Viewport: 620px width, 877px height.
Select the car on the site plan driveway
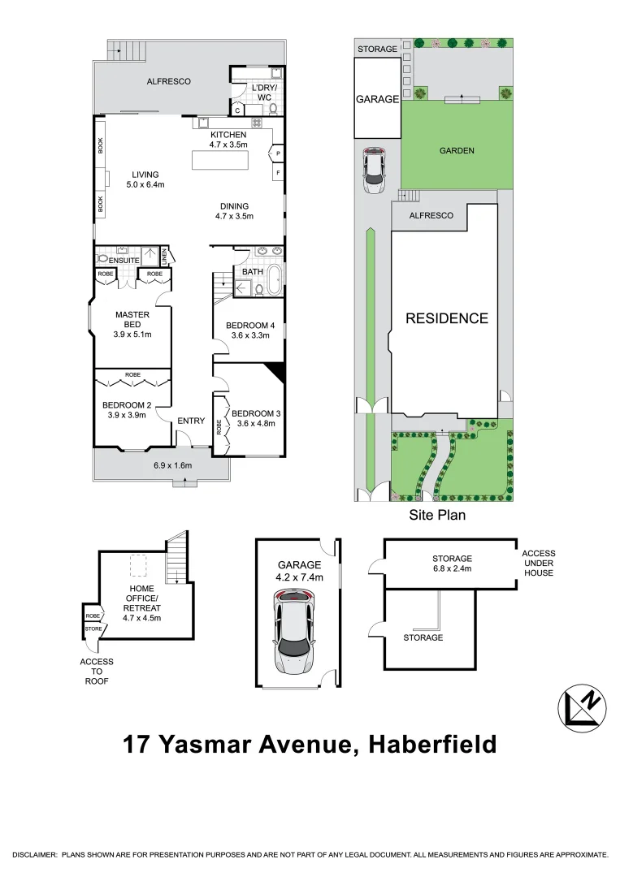tap(374, 171)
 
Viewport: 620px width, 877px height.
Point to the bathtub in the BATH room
tap(275, 279)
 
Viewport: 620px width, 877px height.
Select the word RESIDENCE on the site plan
tap(447, 318)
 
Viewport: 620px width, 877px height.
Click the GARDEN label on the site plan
tap(457, 150)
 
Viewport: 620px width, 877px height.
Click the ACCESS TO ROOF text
tap(97, 672)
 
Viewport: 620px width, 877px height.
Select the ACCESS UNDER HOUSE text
tap(538, 563)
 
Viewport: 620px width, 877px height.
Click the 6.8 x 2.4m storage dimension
tap(452, 568)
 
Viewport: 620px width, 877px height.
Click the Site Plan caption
tap(436, 515)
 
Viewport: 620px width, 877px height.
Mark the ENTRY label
tap(191, 420)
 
